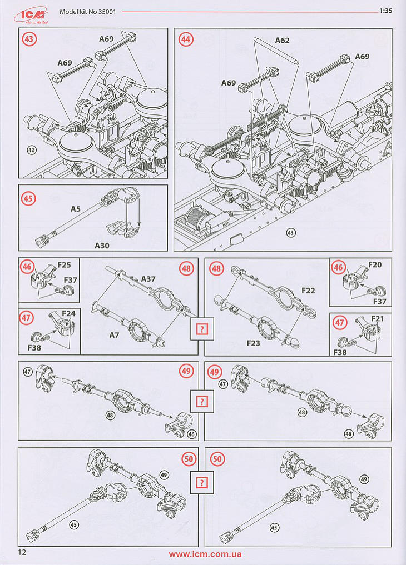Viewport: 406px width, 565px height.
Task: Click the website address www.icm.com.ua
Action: click(205, 554)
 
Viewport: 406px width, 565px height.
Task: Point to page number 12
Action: click(22, 552)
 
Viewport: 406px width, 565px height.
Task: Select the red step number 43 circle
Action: click(28, 40)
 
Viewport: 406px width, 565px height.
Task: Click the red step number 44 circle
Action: click(186, 40)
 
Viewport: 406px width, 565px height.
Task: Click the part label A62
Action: click(282, 41)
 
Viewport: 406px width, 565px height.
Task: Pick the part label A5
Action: click(76, 209)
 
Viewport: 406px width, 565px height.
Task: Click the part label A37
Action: click(148, 278)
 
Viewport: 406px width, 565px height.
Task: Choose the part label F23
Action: click(253, 343)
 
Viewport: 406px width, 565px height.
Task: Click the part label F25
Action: click(64, 264)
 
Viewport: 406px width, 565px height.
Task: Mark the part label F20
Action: click(375, 264)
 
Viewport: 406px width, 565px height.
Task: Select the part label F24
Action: click(68, 313)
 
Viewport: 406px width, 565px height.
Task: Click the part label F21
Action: click(378, 318)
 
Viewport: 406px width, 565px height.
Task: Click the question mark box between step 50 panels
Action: click(201, 482)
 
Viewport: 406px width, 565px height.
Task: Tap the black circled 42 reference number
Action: click(32, 149)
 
